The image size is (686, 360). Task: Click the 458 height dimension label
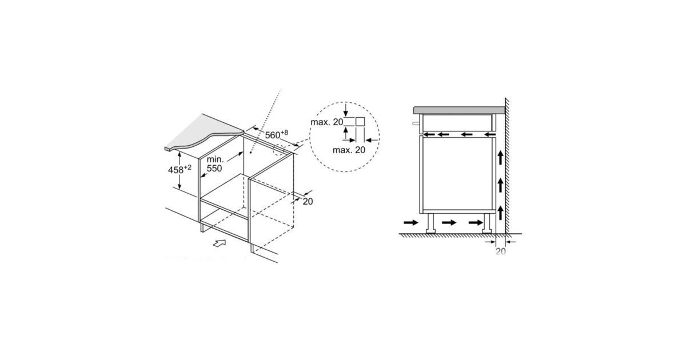point(180,169)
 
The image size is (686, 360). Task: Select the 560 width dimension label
point(277,134)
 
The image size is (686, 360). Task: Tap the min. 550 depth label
point(215,164)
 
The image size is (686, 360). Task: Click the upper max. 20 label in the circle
point(327,122)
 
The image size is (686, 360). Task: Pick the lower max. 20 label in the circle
point(349,150)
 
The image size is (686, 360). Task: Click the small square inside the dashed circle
point(360,122)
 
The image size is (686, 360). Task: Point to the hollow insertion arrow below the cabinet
point(220,243)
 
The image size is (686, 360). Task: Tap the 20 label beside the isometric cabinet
point(308,201)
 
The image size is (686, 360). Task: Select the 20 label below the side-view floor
point(501,251)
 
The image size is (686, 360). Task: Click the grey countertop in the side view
point(459,110)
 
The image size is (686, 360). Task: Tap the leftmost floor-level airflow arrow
point(411,222)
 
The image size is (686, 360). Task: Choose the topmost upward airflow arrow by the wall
point(500,158)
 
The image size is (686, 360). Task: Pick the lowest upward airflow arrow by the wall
point(500,213)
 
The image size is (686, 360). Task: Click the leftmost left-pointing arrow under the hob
point(429,134)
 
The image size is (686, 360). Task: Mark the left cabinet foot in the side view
point(431,224)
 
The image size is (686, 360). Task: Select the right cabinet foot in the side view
point(487,224)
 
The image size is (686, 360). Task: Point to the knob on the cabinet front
point(416,123)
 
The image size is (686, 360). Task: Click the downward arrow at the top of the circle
point(346,110)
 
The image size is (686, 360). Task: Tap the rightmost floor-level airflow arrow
point(476,222)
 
